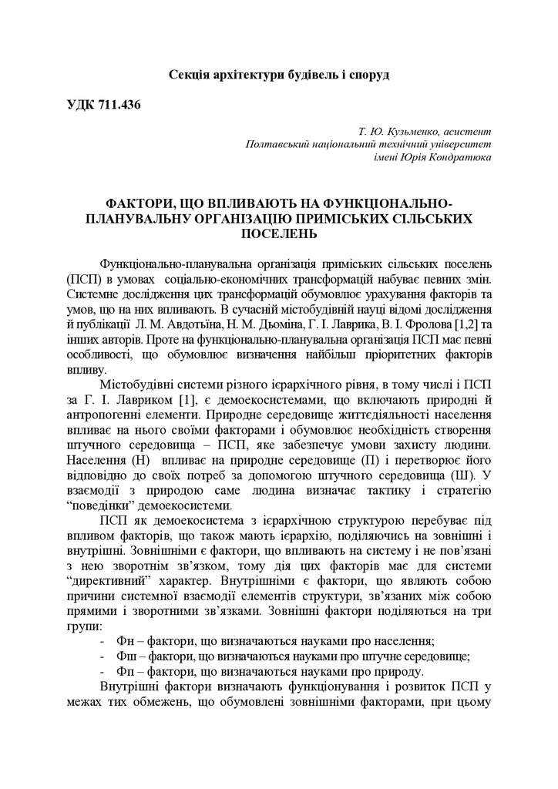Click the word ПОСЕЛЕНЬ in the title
[279, 233]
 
